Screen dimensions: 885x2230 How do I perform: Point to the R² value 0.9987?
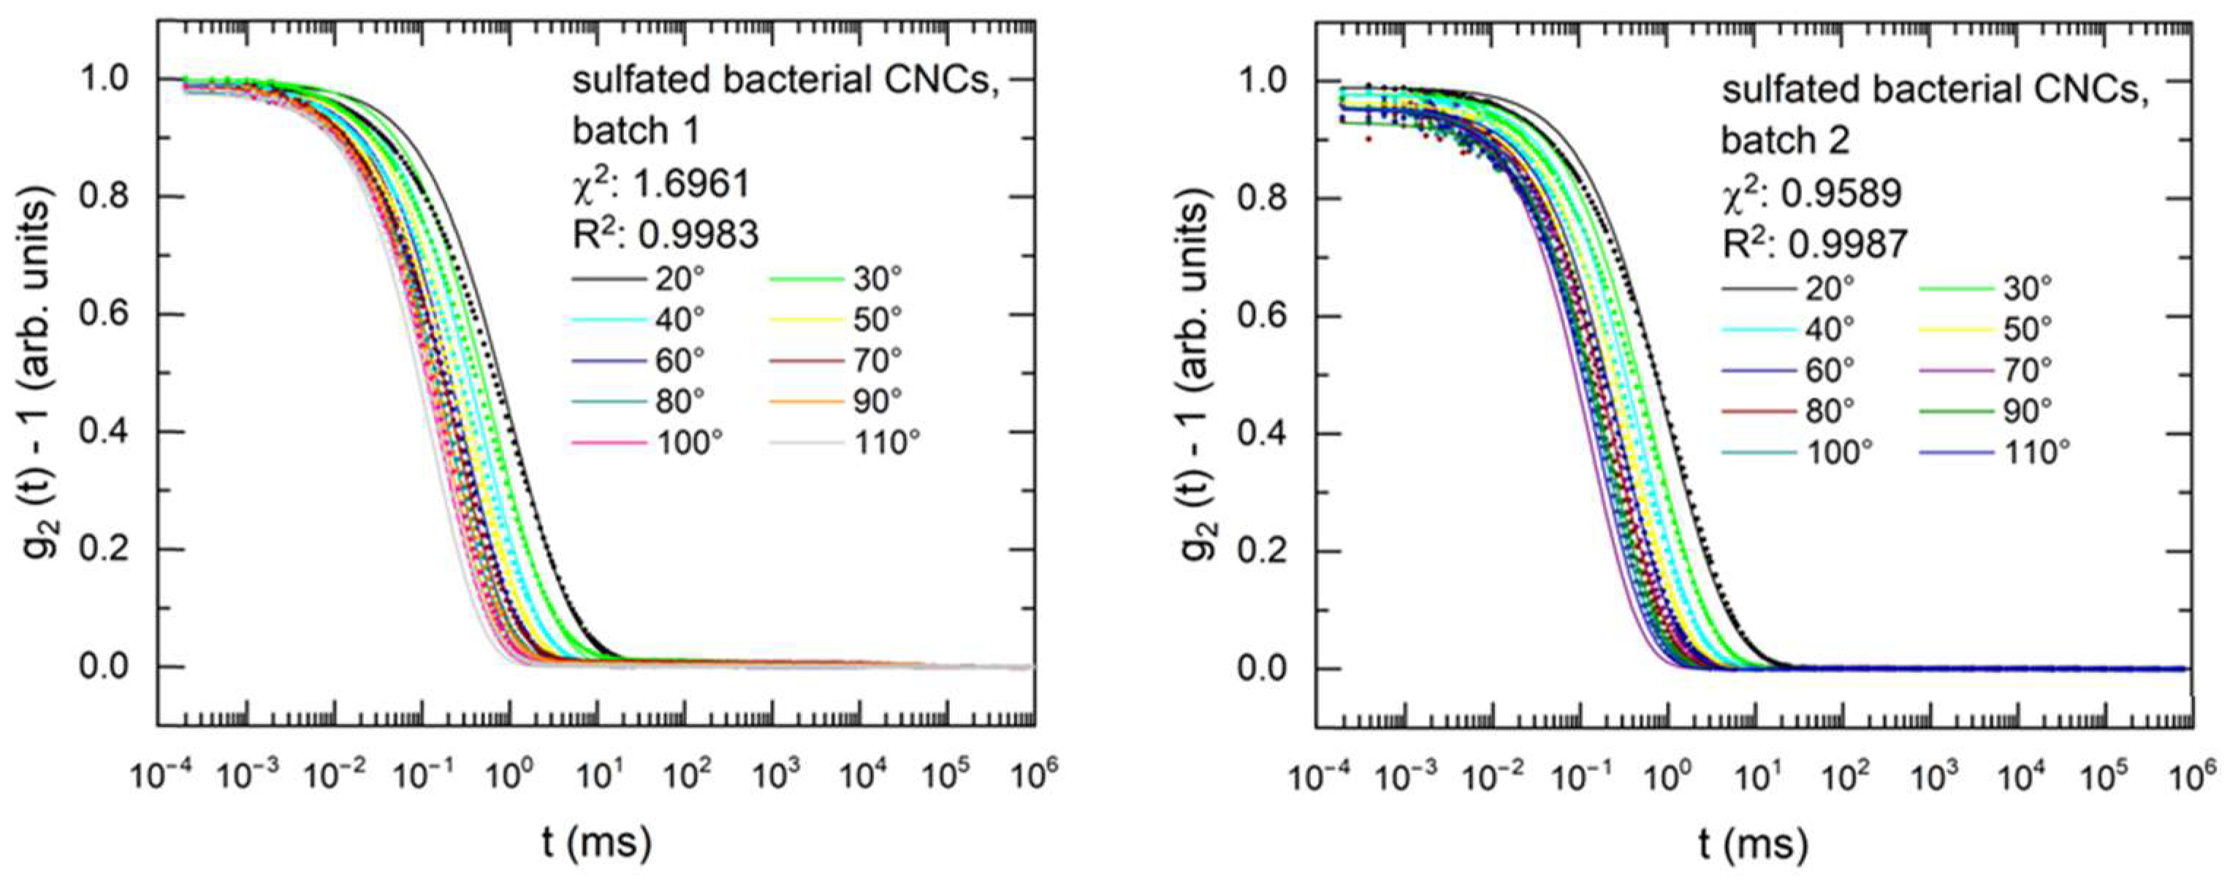[x=1849, y=245]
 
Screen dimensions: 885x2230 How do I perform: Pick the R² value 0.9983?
[x=698, y=234]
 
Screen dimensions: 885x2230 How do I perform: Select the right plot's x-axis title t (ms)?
[x=1756, y=843]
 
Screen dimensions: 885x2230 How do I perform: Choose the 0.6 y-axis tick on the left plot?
[x=103, y=314]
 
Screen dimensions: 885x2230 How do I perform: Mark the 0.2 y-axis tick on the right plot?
[x=1262, y=551]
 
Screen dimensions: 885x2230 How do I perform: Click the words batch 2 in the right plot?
[x=1785, y=140]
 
